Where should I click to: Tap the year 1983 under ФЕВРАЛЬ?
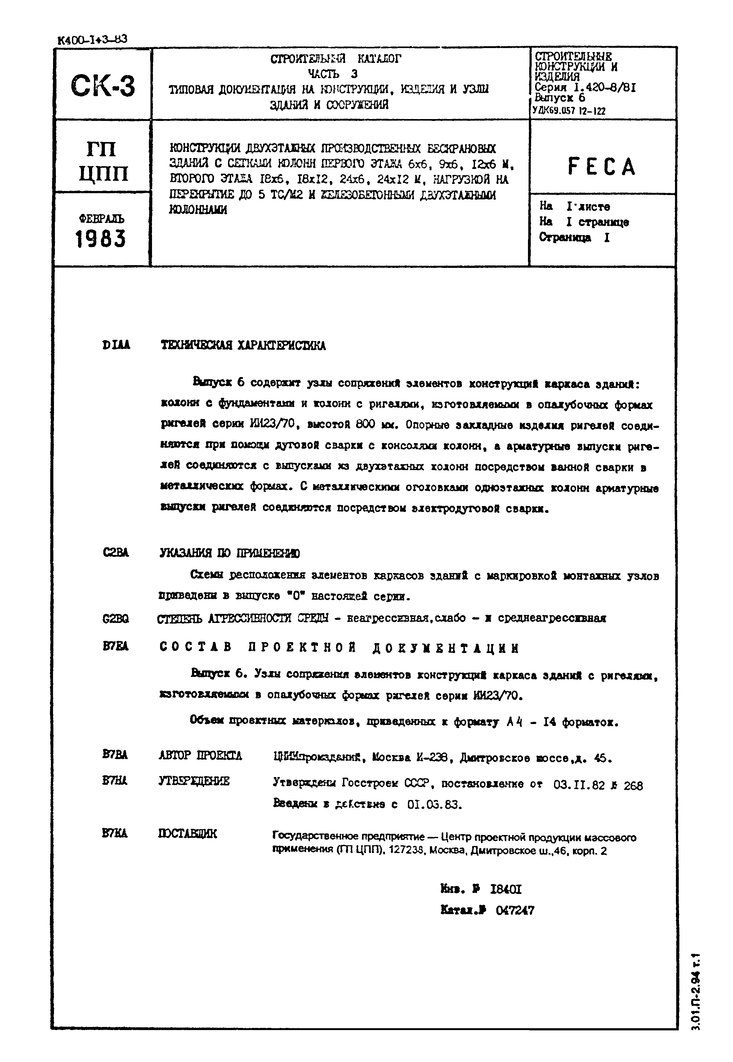(100, 239)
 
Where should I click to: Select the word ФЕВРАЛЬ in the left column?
(101, 219)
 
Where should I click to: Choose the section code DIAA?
(116, 345)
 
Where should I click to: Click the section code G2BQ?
(116, 619)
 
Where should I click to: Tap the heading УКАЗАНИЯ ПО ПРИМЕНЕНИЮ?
(230, 553)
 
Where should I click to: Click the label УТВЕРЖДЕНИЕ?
(194, 781)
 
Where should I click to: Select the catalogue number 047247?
(515, 911)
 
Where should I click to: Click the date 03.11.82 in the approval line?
(579, 785)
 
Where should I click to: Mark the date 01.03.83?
(435, 805)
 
